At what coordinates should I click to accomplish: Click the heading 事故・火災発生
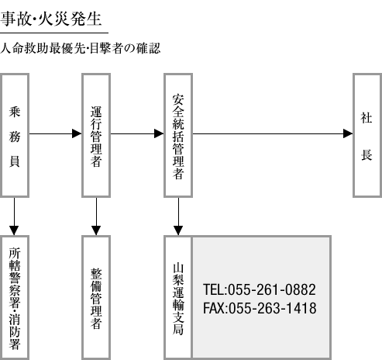pyautogui.click(x=51, y=19)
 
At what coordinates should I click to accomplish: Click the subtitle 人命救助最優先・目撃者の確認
pyautogui.click(x=80, y=48)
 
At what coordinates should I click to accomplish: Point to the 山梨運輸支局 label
pyautogui.click(x=178, y=299)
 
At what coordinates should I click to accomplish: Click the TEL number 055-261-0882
pyautogui.click(x=260, y=289)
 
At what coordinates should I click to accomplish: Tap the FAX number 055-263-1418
pyautogui.click(x=260, y=308)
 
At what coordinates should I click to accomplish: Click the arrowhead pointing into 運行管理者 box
pyautogui.click(x=77, y=133)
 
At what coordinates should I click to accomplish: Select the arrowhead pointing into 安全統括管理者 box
pyautogui.click(x=159, y=133)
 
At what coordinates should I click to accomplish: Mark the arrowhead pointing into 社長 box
pyautogui.click(x=348, y=133)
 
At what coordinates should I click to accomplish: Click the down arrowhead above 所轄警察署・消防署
pyautogui.click(x=14, y=230)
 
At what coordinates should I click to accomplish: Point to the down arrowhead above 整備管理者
pyautogui.click(x=96, y=230)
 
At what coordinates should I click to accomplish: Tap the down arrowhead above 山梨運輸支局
pyautogui.click(x=178, y=230)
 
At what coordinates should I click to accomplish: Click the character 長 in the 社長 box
pyautogui.click(x=367, y=155)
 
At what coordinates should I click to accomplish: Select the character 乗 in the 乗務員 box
pyautogui.click(x=15, y=112)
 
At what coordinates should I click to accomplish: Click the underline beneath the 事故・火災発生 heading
pyautogui.click(x=54, y=33)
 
